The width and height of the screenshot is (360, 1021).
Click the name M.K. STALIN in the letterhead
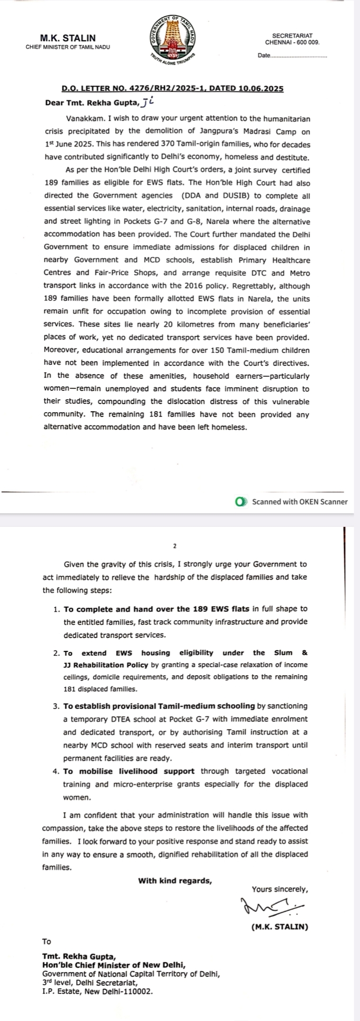68,38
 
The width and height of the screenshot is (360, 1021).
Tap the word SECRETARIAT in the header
292,36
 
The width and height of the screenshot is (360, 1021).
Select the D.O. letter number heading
172,89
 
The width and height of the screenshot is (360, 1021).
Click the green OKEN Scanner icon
241,502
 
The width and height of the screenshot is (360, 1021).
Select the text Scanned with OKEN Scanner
300,502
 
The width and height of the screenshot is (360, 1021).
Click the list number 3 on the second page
56,706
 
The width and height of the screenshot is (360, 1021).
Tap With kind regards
175,881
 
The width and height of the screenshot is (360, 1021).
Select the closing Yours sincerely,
279,889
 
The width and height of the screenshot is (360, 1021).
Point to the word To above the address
46,941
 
